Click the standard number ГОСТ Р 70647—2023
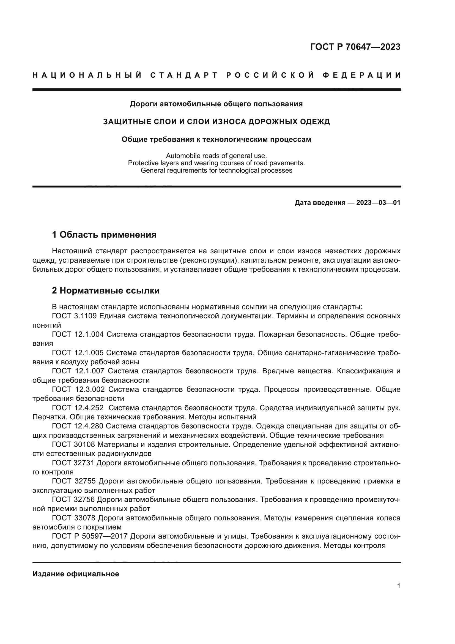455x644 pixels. tap(355, 47)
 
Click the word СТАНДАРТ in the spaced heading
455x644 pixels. tap(184, 75)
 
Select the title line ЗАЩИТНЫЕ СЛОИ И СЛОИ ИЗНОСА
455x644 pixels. tap(216, 122)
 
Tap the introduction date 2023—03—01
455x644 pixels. tap(378, 203)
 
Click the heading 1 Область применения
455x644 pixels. tap(104, 235)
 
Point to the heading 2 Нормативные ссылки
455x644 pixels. tap(106, 290)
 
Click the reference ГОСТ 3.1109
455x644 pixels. tap(74, 316)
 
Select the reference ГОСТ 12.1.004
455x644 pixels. tap(78, 334)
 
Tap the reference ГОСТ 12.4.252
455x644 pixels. tap(78, 407)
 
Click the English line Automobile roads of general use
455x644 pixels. tap(216, 155)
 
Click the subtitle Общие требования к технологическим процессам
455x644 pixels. tap(216, 139)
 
